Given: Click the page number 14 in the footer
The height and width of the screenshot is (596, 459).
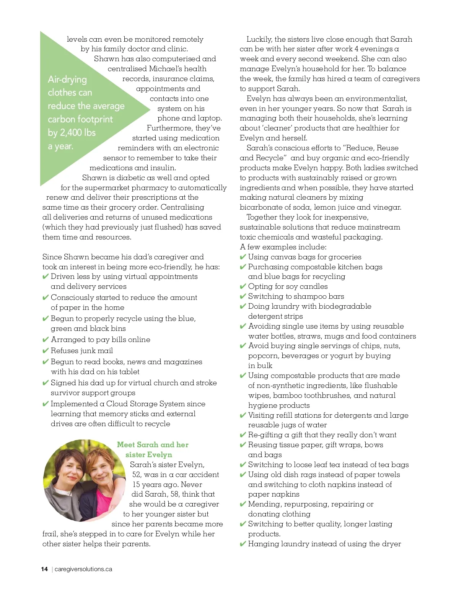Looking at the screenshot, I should click(x=44, y=569).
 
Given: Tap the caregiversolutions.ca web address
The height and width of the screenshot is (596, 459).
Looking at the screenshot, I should click(x=83, y=569).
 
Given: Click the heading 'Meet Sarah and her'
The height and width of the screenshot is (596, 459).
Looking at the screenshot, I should click(x=153, y=445).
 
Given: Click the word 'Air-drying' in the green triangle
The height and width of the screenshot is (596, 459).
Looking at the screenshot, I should click(x=67, y=80).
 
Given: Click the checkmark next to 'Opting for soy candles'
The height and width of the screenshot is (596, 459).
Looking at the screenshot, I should click(x=243, y=287).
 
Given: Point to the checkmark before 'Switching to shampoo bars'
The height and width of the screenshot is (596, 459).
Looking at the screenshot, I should click(x=243, y=296).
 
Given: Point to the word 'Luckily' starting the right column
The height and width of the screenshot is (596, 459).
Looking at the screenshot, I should click(x=259, y=39).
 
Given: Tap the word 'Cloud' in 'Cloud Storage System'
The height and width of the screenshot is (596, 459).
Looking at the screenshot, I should click(x=117, y=404).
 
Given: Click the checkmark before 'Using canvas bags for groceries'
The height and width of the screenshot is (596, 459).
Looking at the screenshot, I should click(x=243, y=257).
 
